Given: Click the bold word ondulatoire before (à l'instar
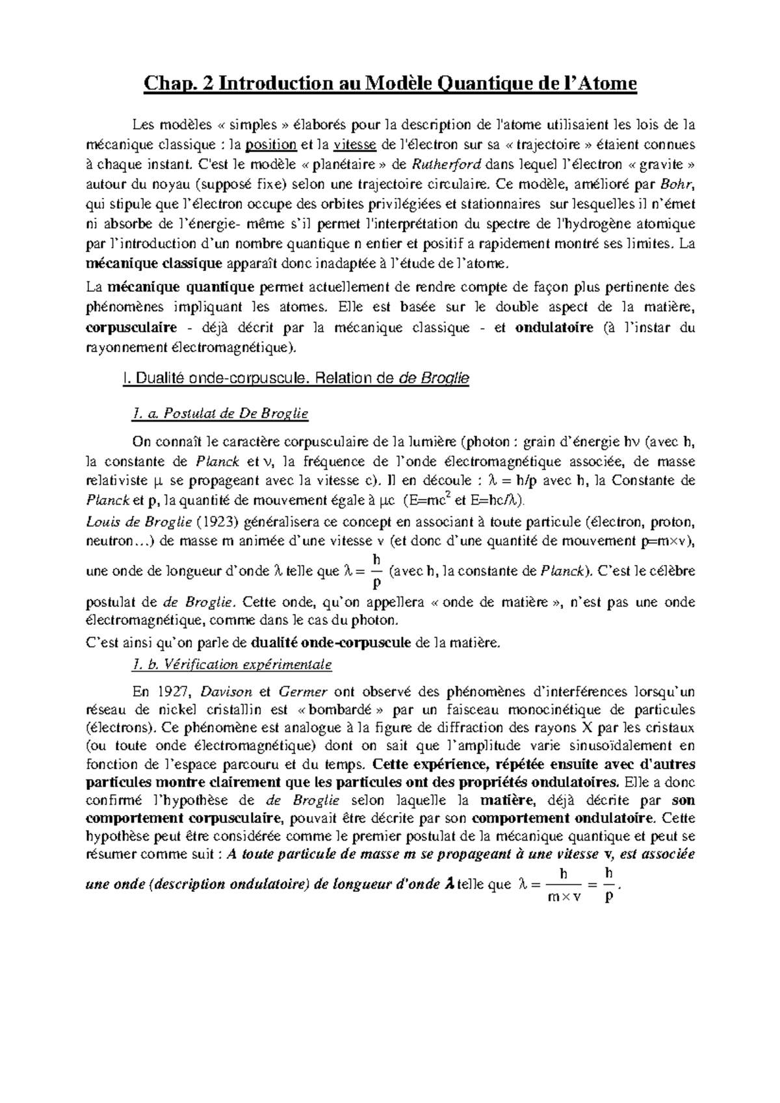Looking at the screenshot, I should tap(554, 328).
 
